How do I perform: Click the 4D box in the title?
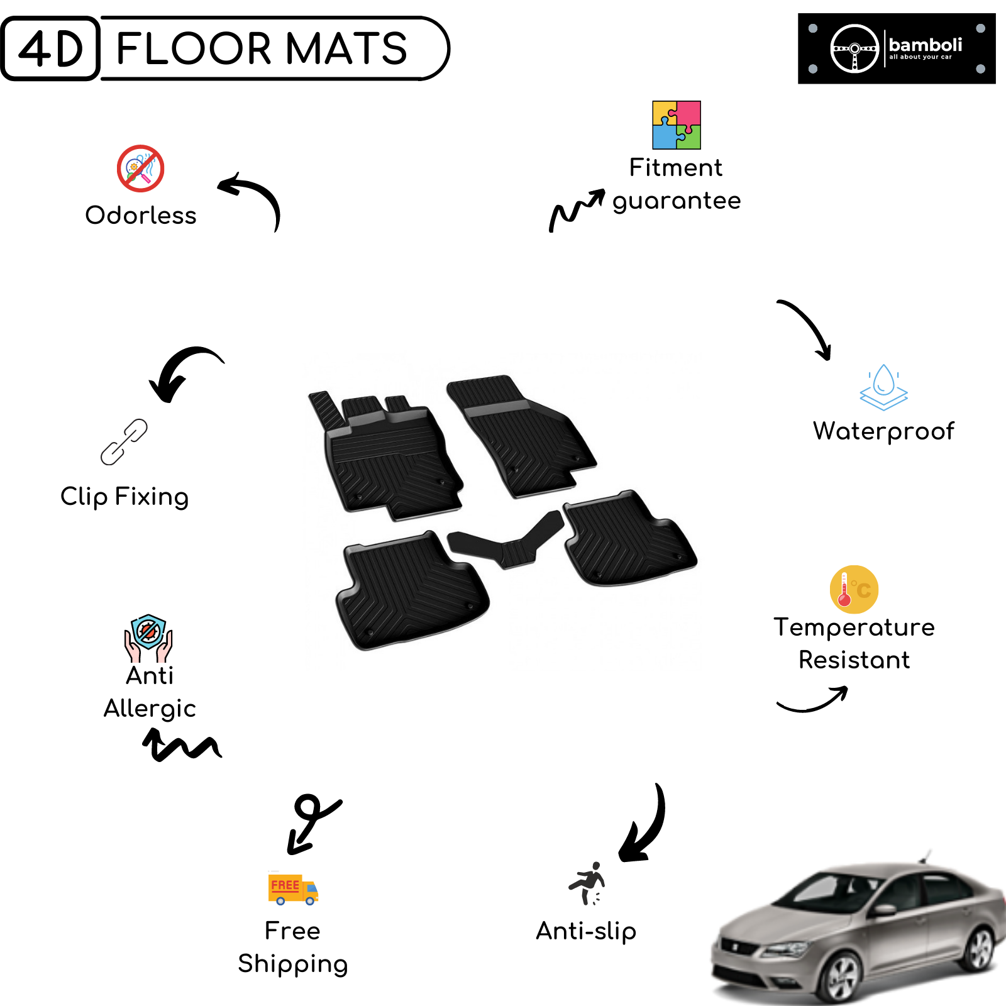50,48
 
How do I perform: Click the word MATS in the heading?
346,48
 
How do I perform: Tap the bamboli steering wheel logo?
854,48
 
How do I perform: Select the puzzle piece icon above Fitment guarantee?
677,125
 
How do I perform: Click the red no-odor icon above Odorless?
141,169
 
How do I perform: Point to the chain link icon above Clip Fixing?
124,442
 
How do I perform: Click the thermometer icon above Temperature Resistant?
854,590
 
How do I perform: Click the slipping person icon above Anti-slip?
587,883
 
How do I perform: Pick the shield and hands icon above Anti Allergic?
148,638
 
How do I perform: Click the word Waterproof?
883,432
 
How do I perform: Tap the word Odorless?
141,215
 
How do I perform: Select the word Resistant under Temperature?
854,660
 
